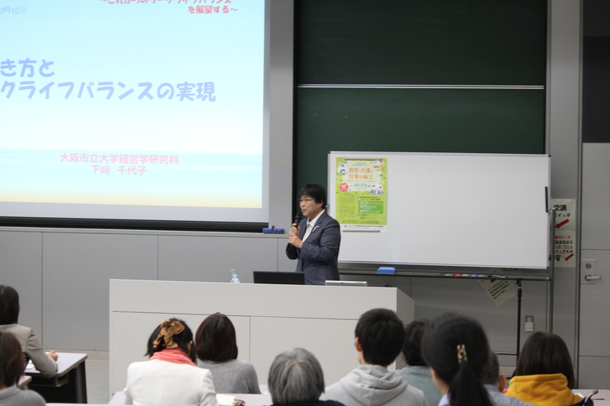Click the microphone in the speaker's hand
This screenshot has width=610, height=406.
click(x=297, y=221)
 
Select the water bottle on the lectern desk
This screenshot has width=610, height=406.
click(x=235, y=276)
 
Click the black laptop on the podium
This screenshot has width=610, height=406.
click(x=278, y=278)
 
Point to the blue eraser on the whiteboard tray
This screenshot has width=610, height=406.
click(x=387, y=270)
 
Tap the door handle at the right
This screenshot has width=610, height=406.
click(x=592, y=278)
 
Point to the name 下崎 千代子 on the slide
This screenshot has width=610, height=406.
click(x=118, y=171)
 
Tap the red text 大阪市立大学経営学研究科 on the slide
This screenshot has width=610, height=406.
click(x=120, y=158)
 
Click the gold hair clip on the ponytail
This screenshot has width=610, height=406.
click(x=461, y=353)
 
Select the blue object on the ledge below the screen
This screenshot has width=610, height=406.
click(x=273, y=229)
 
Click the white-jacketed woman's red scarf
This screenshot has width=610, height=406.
click(x=174, y=356)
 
